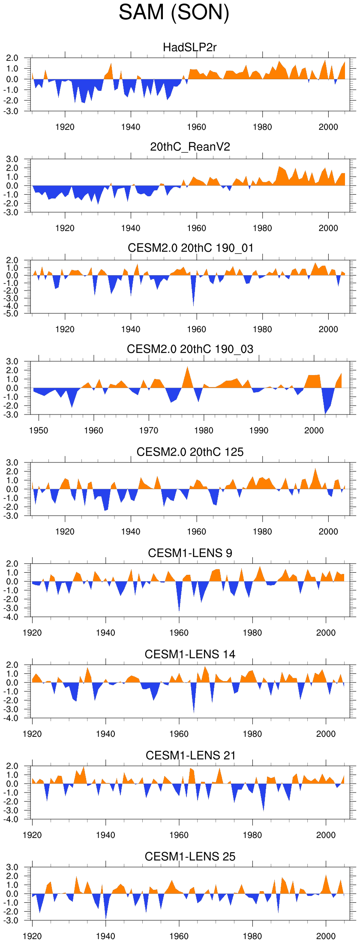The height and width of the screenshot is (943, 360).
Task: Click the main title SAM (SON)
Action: [x=174, y=12]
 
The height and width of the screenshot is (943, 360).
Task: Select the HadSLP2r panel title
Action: [x=190, y=47]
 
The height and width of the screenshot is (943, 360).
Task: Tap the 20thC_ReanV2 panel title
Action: [x=190, y=147]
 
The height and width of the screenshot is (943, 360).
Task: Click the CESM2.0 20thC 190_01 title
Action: [x=190, y=248]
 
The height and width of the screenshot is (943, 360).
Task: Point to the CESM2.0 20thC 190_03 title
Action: [x=190, y=349]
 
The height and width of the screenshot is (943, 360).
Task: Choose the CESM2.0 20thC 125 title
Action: [x=190, y=452]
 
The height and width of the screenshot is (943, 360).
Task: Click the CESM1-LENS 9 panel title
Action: [x=190, y=553]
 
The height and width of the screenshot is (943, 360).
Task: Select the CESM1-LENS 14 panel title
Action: [x=190, y=654]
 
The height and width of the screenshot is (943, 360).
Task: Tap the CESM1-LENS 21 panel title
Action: [x=190, y=755]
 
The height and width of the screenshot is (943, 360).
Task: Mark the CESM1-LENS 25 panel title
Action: [x=190, y=856]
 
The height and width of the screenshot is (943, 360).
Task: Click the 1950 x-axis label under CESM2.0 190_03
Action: [x=39, y=430]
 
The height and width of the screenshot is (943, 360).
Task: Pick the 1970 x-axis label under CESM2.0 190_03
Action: [x=149, y=430]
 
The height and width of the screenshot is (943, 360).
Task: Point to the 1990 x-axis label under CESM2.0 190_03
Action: [x=259, y=430]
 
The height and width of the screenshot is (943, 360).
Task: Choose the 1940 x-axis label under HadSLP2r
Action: [x=131, y=127]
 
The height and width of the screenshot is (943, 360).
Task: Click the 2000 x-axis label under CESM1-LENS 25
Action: [x=326, y=936]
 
